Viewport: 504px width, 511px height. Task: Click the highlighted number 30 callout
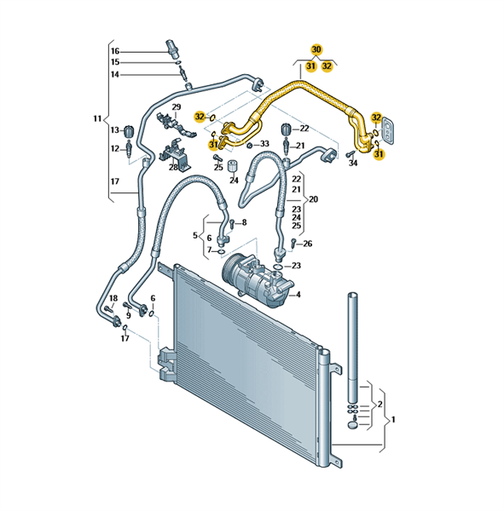click(316, 49)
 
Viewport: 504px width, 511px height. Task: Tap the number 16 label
click(115, 51)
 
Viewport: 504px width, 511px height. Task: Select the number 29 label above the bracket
click(177, 107)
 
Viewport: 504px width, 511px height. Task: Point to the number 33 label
click(264, 143)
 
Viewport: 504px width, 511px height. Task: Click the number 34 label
click(353, 163)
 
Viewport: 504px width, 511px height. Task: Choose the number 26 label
click(308, 244)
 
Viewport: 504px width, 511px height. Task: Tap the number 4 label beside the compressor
click(298, 295)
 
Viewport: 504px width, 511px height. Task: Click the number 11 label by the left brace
click(97, 118)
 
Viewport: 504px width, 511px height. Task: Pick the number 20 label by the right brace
click(313, 198)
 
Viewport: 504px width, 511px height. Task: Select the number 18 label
click(113, 298)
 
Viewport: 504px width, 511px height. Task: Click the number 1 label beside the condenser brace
click(393, 419)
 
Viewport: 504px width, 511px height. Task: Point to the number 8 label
click(244, 222)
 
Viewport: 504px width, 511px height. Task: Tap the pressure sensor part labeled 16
click(171, 49)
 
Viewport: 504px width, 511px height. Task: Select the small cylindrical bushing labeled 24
click(232, 166)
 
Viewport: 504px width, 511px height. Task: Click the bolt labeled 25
click(217, 158)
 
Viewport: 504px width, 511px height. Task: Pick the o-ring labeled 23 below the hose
click(278, 267)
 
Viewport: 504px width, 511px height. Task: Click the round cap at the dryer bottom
click(353, 425)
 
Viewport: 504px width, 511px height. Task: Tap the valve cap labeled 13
click(129, 131)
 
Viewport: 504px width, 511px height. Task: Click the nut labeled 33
click(249, 145)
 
